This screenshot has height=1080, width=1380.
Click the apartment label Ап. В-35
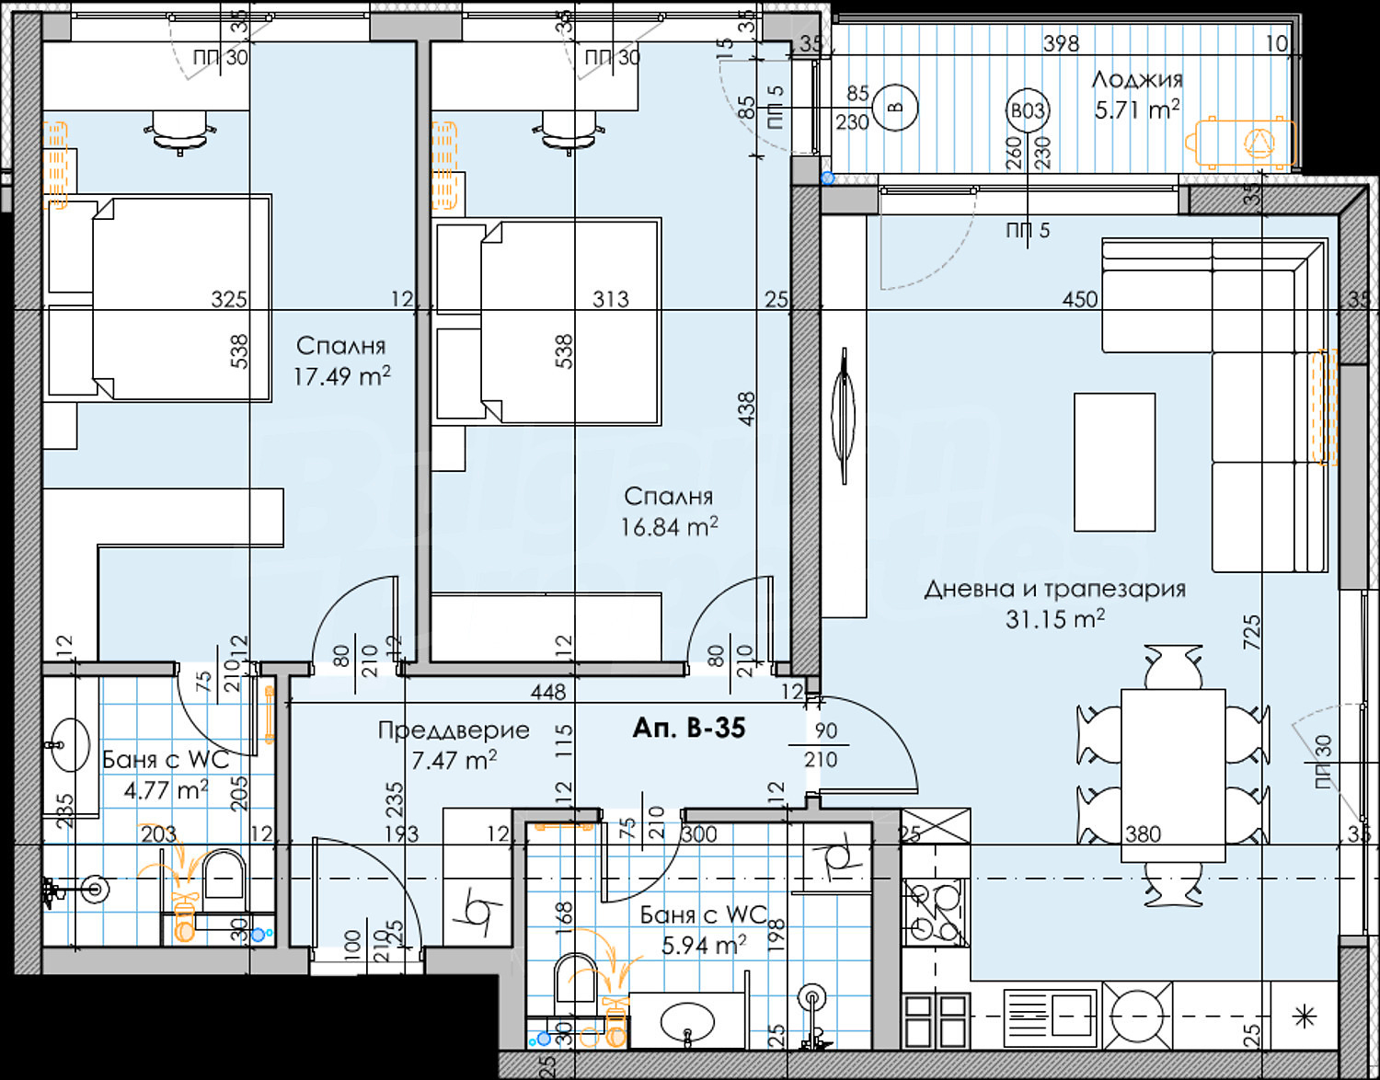[x=689, y=728]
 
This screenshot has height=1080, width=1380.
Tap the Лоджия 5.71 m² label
[x=1137, y=95]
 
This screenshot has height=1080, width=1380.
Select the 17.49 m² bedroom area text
[x=341, y=376]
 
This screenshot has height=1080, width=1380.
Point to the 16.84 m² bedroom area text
[x=669, y=526]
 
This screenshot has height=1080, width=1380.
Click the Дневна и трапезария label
[x=1054, y=589]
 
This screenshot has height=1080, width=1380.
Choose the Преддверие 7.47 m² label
[x=454, y=745]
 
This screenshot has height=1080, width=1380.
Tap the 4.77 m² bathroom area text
[x=166, y=790]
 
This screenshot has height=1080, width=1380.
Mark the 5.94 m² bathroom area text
[x=704, y=945]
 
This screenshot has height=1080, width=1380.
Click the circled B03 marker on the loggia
[x=1028, y=111]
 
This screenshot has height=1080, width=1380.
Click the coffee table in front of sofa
[x=1114, y=462]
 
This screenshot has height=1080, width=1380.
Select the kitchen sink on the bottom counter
[x=1050, y=1017]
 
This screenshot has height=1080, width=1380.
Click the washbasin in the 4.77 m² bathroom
[x=69, y=744]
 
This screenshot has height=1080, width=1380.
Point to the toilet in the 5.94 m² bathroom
[x=576, y=975]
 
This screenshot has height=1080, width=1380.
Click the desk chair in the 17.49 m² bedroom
[x=180, y=128]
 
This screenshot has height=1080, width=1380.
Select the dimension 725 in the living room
[x=1252, y=633]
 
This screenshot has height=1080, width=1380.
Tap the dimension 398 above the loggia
[x=1061, y=43]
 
